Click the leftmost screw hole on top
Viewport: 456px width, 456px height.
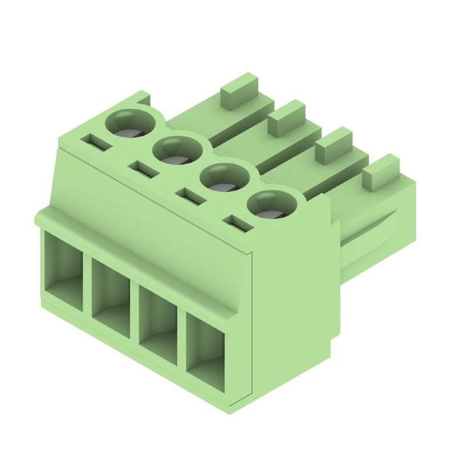[x=132, y=124]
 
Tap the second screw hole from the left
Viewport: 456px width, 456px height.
[x=178, y=151]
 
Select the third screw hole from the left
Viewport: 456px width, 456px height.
[x=225, y=178]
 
